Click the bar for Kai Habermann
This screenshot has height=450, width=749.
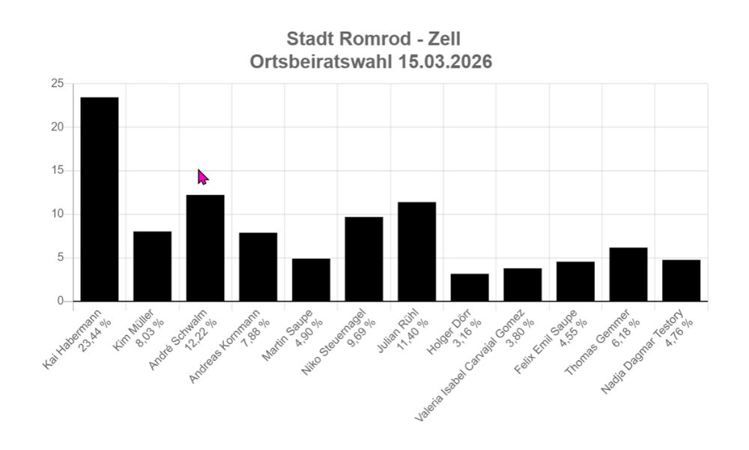[x=100, y=199]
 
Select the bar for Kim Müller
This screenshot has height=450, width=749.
[x=152, y=266]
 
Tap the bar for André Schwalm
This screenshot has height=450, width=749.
[x=205, y=248]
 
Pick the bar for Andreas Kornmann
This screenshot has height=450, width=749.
[x=258, y=267]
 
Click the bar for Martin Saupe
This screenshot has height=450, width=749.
[x=311, y=280]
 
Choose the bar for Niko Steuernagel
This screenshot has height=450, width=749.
[x=364, y=259]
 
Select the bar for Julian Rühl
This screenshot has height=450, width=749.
[x=416, y=252]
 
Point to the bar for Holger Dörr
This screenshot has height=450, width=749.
[x=470, y=287]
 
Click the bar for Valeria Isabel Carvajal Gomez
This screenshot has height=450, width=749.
[x=522, y=285]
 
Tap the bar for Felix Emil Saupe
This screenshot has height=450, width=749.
[x=575, y=281]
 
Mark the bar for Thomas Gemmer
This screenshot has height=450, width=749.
[x=628, y=274]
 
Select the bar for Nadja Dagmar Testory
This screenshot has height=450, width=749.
[x=681, y=280]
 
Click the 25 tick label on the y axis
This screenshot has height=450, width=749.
[x=57, y=83]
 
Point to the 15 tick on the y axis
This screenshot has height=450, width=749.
[x=57, y=171]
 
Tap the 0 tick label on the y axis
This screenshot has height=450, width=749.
[x=60, y=301]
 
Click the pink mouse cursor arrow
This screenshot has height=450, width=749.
[x=202, y=176]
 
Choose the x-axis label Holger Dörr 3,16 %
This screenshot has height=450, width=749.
[x=458, y=330]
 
